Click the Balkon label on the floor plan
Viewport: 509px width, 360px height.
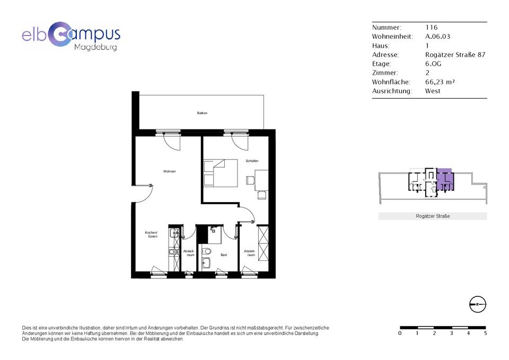(x=202, y=113)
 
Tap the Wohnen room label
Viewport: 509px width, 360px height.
(x=169, y=171)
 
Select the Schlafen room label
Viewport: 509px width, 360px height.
(x=252, y=161)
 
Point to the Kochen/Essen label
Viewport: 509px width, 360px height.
(x=151, y=234)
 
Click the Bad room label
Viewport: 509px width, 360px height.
(x=224, y=255)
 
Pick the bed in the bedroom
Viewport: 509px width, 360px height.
(x=221, y=173)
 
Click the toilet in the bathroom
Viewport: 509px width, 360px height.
(x=206, y=251)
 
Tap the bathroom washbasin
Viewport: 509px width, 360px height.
(x=206, y=263)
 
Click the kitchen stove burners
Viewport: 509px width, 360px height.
(x=174, y=252)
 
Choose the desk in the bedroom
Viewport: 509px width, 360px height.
(x=261, y=180)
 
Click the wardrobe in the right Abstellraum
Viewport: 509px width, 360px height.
(x=262, y=243)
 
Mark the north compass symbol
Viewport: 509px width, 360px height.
(x=478, y=304)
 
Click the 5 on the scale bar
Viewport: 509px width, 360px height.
(x=485, y=333)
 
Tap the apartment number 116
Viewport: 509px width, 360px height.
(x=432, y=27)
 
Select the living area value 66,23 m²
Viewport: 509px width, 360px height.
(x=440, y=82)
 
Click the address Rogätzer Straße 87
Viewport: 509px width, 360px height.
(x=455, y=55)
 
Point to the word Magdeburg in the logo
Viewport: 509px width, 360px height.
(x=96, y=47)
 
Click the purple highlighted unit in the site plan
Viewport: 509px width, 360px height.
(x=445, y=180)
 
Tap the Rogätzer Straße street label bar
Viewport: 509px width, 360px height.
(x=433, y=216)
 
